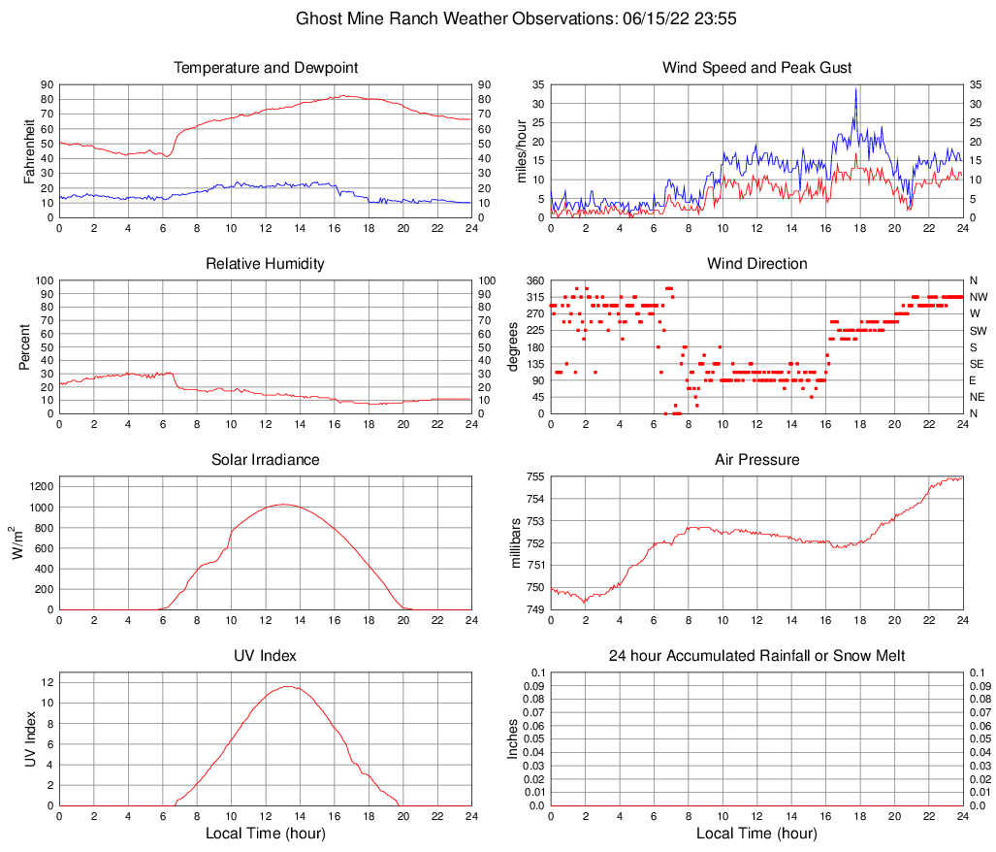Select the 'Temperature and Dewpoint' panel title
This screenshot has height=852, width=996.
click(x=266, y=68)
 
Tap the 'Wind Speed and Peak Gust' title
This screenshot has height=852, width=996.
click(x=756, y=68)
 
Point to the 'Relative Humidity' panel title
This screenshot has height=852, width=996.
click(x=266, y=264)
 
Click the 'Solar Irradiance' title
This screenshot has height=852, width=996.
click(x=266, y=460)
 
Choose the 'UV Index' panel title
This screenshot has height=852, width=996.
click(x=266, y=656)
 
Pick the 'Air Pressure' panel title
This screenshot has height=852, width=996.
click(x=756, y=460)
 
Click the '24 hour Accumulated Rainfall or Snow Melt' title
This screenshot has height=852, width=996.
click(x=756, y=656)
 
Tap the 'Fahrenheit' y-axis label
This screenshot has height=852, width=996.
click(x=29, y=150)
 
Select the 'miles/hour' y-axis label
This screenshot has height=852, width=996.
click(x=521, y=150)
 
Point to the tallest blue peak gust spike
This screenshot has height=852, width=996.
click(x=855, y=89)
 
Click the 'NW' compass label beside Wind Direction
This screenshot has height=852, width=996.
click(x=978, y=297)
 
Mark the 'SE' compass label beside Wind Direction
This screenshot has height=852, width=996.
click(x=977, y=364)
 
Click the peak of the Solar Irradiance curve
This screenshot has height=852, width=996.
click(x=282, y=505)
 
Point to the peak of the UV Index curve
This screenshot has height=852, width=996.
click(x=288, y=686)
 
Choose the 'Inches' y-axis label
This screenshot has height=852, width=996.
click(x=514, y=738)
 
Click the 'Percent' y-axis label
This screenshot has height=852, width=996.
click(x=24, y=346)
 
